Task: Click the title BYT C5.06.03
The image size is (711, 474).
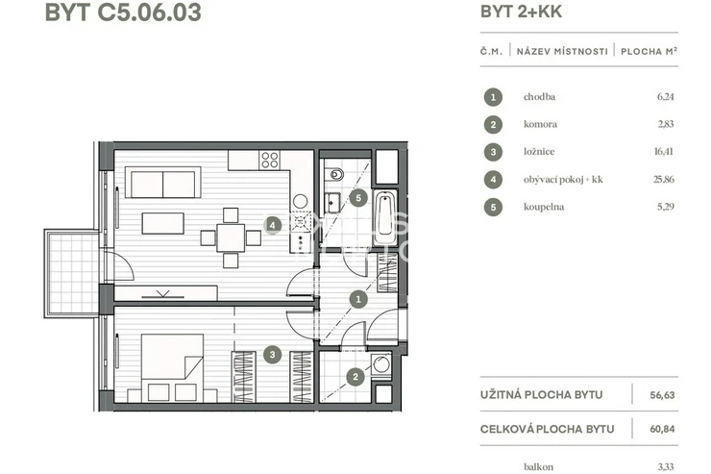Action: coord(123,12)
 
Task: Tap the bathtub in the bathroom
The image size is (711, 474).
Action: coord(385,217)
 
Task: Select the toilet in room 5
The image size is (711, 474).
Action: coord(336,174)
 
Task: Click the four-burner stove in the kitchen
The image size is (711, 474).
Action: coord(269,161)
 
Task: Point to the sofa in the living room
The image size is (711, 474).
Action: coord(162,183)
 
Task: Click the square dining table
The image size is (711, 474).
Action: coord(231,237)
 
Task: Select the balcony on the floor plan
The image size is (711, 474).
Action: coord(71,273)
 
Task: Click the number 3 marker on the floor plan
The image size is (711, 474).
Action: coord(272,355)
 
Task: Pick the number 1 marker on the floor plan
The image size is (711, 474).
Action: coord(358,299)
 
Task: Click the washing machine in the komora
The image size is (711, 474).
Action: coord(380,364)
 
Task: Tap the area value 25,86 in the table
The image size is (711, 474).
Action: coord(663,179)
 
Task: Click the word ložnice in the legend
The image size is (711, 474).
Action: coord(539,152)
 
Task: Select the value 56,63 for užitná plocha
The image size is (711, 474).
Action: coord(662,395)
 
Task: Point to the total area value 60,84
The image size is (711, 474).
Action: coord(662,429)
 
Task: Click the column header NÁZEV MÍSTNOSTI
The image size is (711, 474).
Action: coord(562,51)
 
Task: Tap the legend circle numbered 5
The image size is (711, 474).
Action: coord(493,208)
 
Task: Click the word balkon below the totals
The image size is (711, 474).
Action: coord(538,466)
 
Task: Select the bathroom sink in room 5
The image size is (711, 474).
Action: coord(332,203)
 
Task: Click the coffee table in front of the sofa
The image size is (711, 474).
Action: coord(162,223)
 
